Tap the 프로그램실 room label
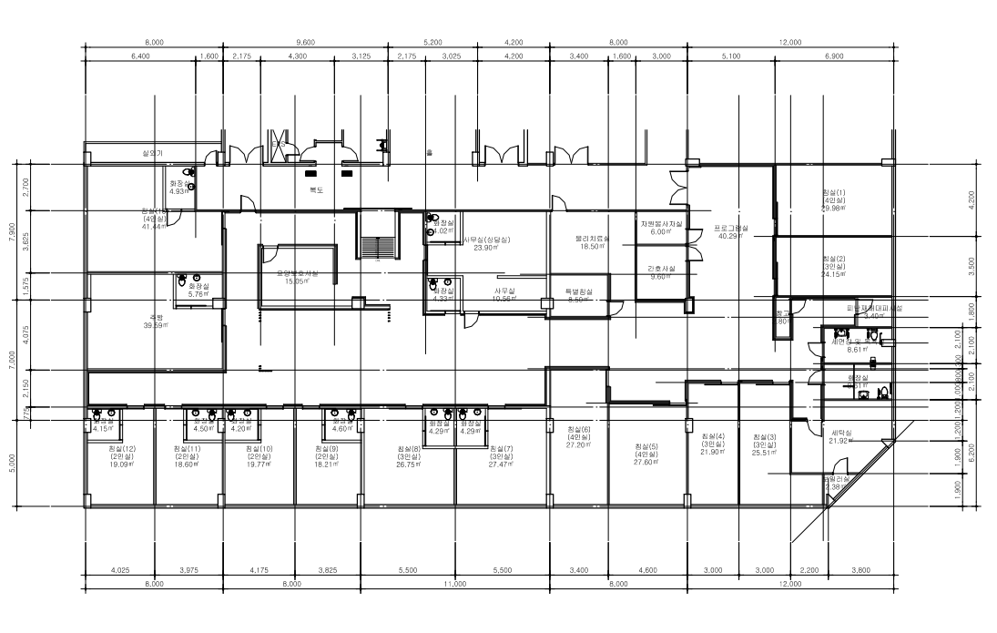point(731,231)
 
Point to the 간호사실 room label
point(660,271)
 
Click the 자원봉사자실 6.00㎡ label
point(660,227)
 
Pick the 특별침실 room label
point(578,295)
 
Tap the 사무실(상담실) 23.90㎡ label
point(486,243)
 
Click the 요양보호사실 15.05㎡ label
point(298,277)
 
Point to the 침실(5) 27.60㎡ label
point(647,454)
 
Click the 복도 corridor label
point(316,189)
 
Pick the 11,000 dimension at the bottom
point(453,582)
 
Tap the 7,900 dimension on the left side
point(13,220)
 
